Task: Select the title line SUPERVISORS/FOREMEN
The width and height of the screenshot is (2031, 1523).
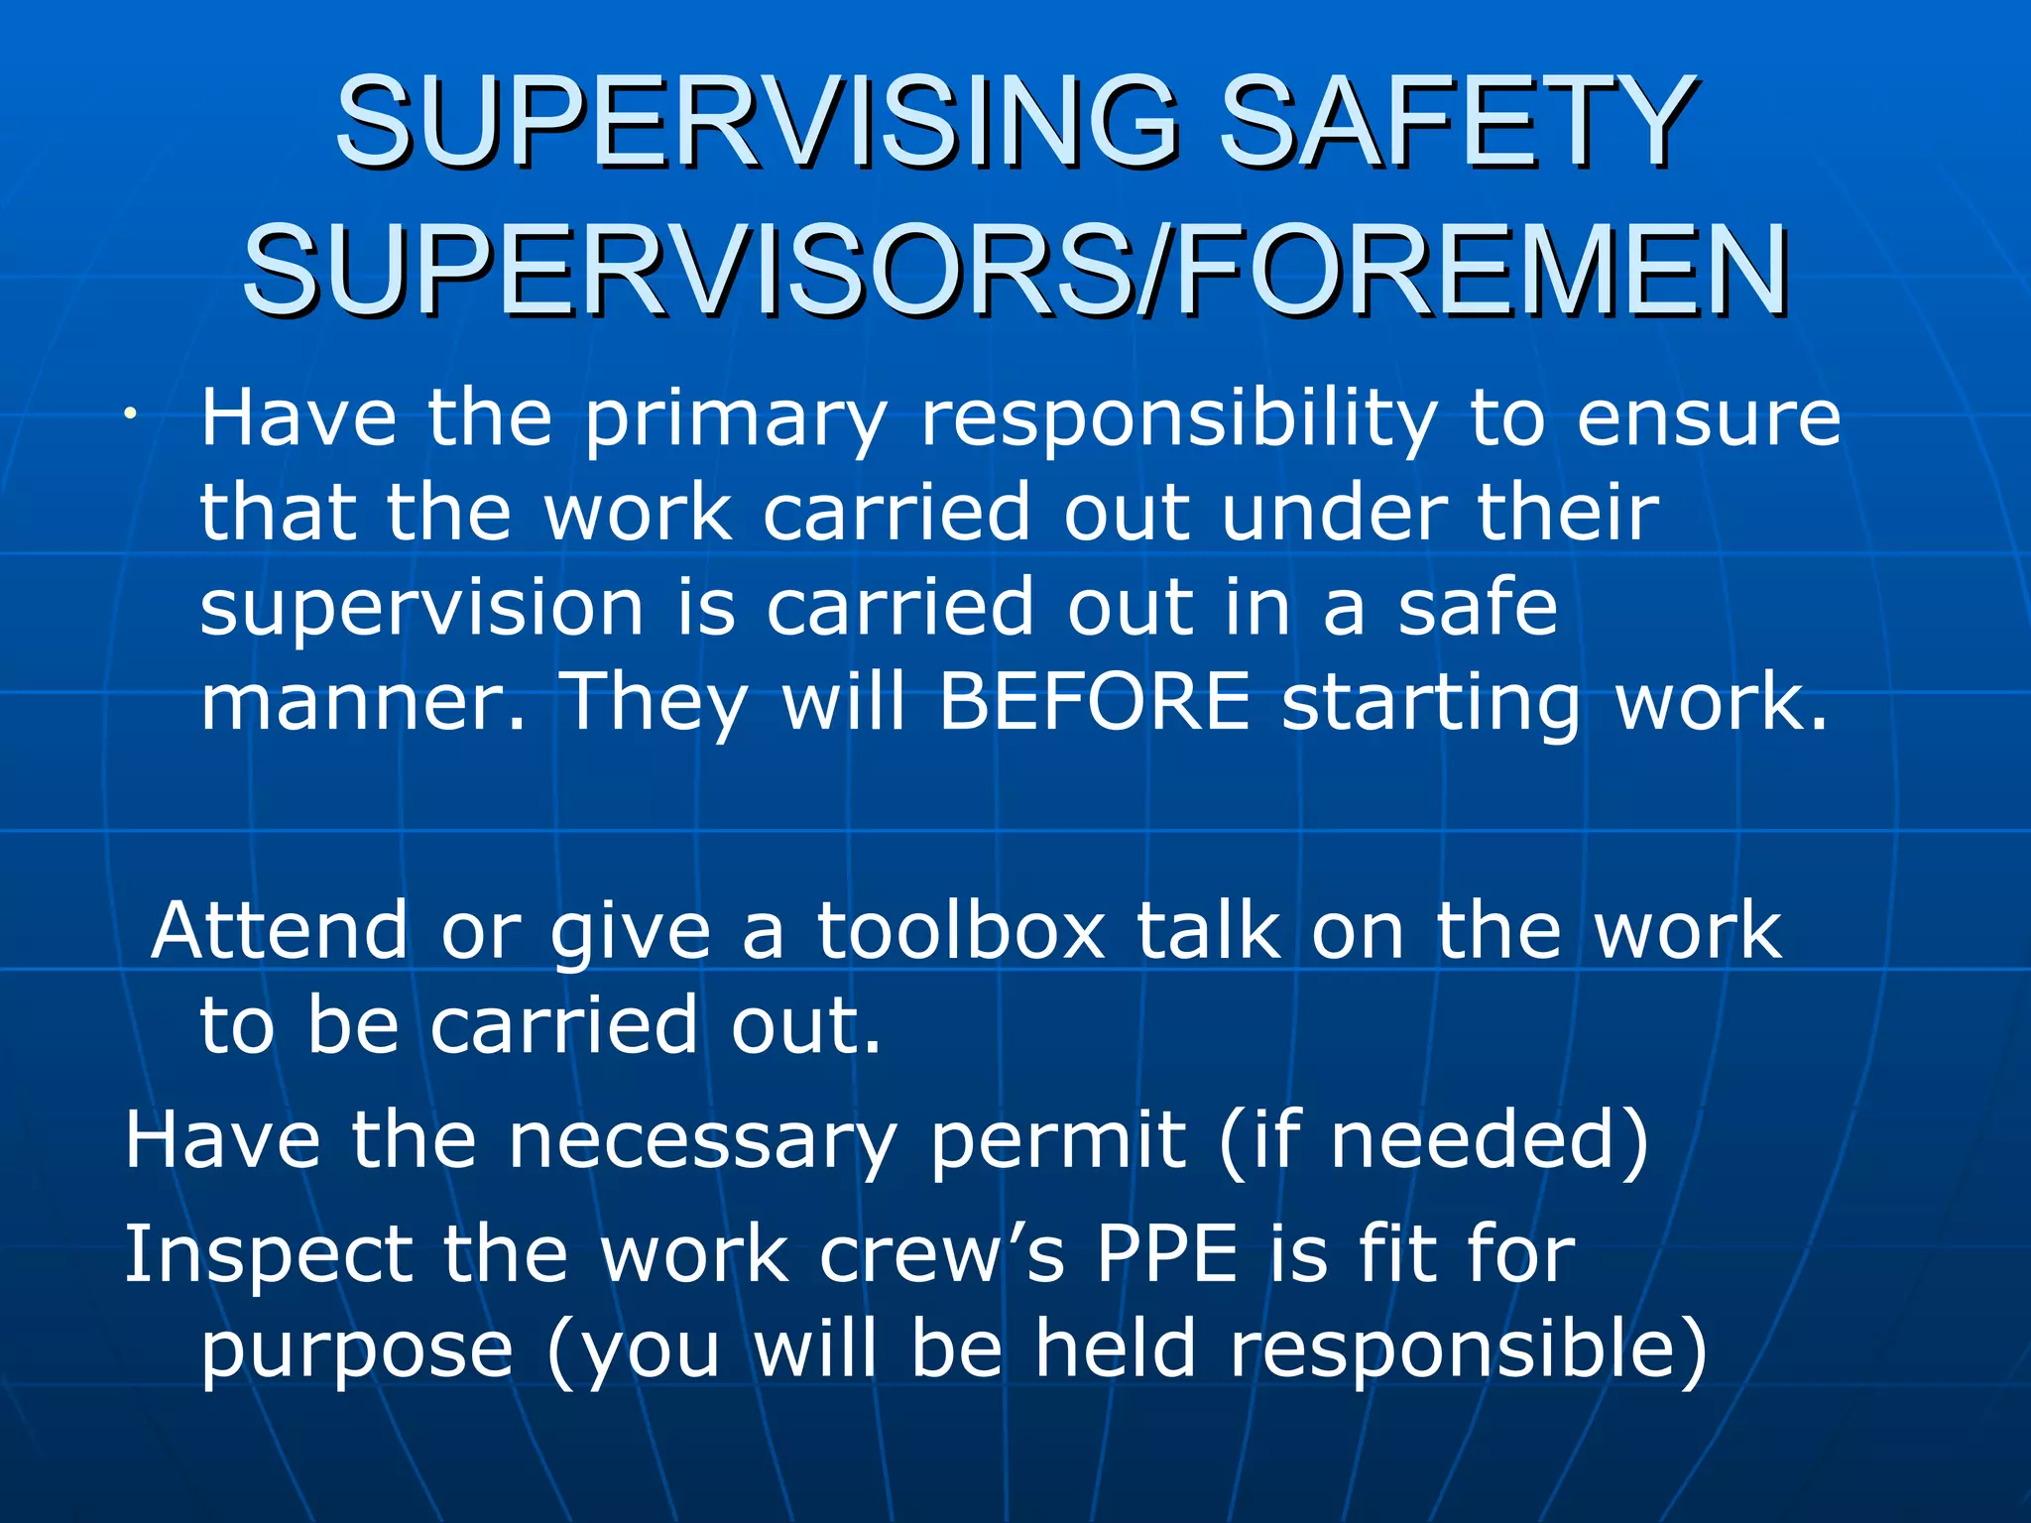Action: point(1015,270)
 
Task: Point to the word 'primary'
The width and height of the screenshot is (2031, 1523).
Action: point(734,420)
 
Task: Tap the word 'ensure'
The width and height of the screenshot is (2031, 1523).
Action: point(1708,418)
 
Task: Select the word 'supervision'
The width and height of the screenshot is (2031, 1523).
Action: point(421,609)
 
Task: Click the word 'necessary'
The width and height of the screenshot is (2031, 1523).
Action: point(702,1142)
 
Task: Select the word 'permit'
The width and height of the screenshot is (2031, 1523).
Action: point(1057,1142)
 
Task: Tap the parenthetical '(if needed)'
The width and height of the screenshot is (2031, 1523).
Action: point(1433,1142)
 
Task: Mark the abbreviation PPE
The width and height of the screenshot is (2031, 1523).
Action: point(1167,1255)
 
